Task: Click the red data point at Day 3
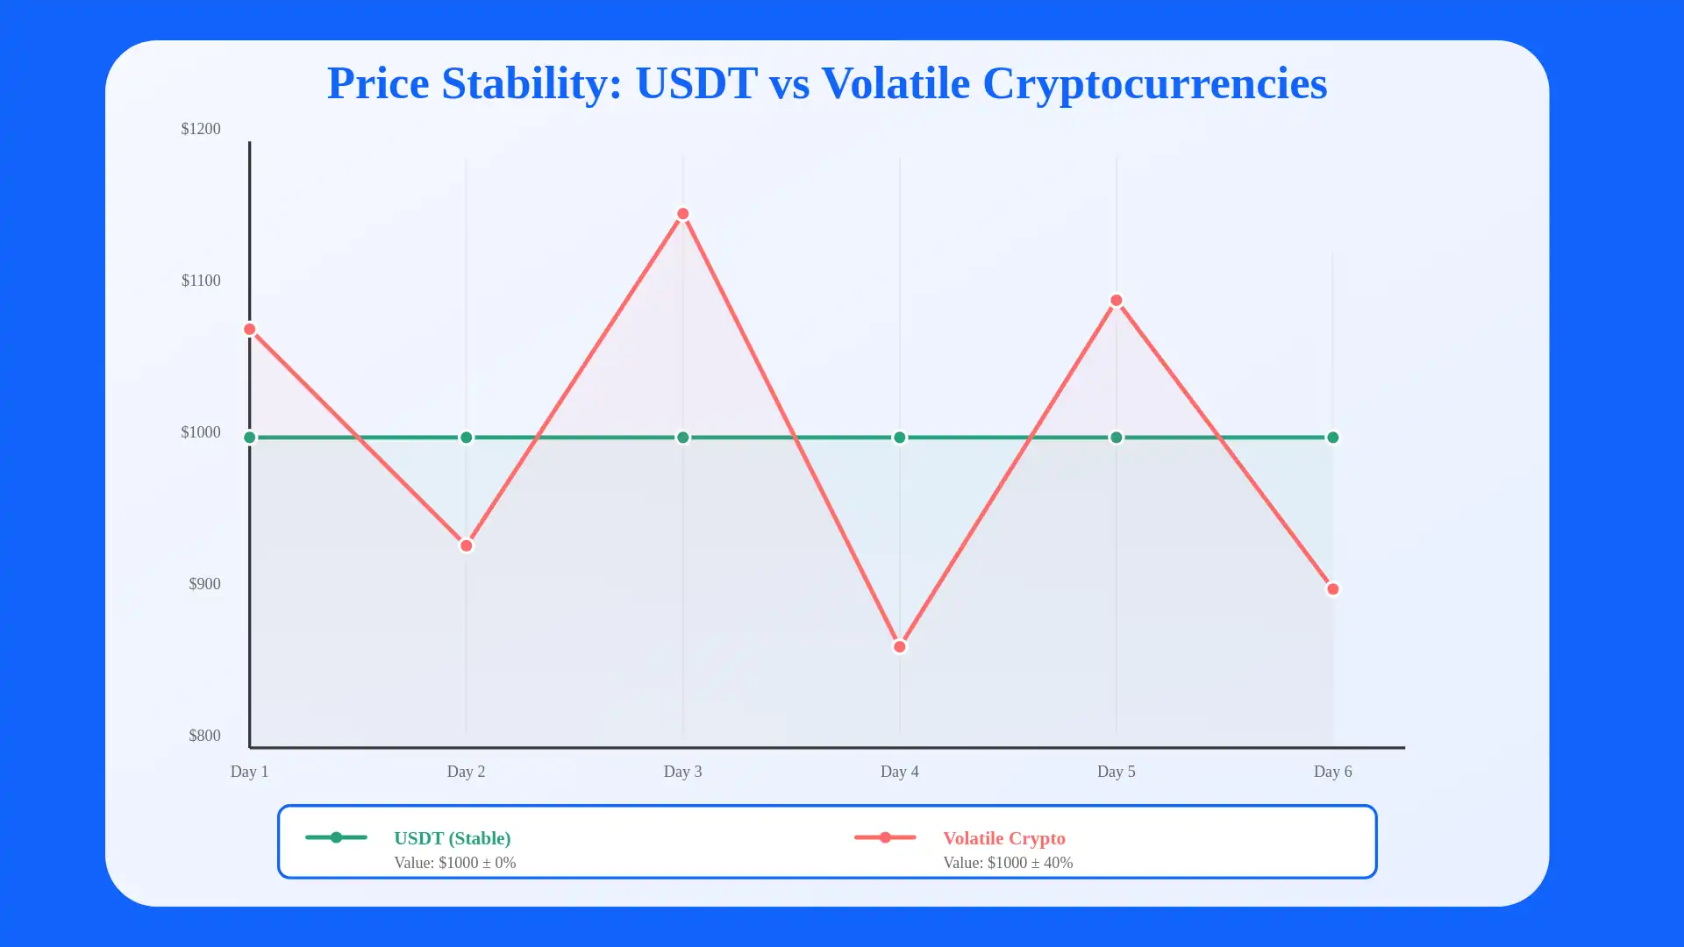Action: tap(683, 214)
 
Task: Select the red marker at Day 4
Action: tap(900, 647)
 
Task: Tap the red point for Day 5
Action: tap(1117, 301)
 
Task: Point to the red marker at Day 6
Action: tap(1333, 589)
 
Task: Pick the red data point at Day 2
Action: tap(467, 545)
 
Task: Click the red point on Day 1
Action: tap(250, 330)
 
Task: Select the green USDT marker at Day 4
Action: tap(900, 438)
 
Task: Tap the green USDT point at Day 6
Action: tap(1333, 438)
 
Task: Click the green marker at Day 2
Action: tap(467, 438)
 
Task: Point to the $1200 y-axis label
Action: tap(201, 129)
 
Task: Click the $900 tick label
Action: tap(204, 584)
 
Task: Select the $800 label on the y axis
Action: tap(204, 736)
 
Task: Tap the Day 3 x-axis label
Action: tap(682, 772)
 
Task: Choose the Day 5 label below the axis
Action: tap(1116, 772)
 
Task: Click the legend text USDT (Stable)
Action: tap(453, 838)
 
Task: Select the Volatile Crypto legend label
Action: tap(1004, 838)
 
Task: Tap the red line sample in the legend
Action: tap(885, 837)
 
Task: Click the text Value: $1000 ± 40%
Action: tap(1008, 863)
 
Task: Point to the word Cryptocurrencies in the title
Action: tap(1154, 83)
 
